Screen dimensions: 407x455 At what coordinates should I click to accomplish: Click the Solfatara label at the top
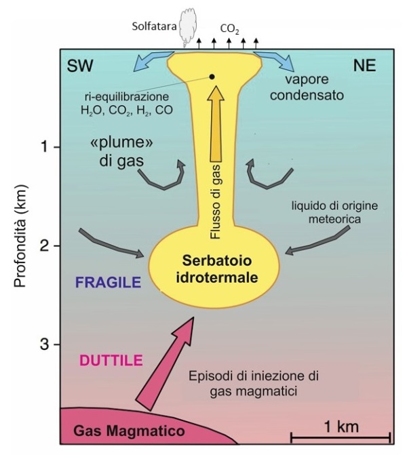click(154, 26)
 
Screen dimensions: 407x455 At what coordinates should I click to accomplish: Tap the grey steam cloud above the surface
click(189, 28)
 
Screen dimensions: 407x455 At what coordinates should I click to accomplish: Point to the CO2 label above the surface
click(230, 28)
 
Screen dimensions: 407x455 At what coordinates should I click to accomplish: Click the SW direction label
click(80, 66)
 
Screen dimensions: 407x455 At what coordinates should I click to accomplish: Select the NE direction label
click(364, 65)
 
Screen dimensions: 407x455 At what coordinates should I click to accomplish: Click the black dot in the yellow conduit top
click(212, 77)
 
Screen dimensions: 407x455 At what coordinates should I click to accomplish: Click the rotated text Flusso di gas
click(216, 201)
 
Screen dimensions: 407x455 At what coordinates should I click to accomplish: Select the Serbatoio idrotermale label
click(217, 269)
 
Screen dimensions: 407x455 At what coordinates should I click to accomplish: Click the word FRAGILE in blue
click(109, 282)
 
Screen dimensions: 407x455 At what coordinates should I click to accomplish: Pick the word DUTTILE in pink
click(111, 361)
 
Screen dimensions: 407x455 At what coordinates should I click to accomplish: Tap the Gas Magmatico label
click(129, 431)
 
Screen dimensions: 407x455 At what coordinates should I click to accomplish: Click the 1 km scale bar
click(341, 437)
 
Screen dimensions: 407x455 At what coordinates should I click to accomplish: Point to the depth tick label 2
click(44, 246)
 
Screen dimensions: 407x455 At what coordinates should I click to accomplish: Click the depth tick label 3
click(44, 345)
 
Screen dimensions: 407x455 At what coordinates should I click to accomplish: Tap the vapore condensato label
click(307, 87)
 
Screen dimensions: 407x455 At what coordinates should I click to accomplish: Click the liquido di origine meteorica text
click(334, 212)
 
